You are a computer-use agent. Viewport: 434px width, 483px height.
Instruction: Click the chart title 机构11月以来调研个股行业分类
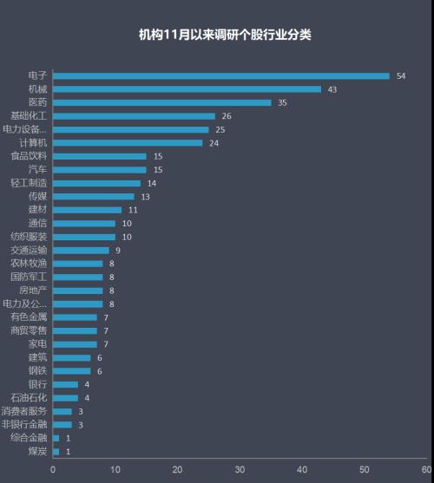point(225,36)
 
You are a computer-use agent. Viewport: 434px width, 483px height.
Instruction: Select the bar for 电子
point(221,75)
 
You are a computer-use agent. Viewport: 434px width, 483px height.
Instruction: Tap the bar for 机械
point(187,89)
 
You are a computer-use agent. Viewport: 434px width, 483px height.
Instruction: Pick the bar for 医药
point(162,102)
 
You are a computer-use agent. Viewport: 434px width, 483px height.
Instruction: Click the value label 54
point(401,76)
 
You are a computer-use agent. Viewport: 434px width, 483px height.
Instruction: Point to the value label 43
point(332,89)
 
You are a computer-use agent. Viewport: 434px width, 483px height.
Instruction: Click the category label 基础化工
point(29,115)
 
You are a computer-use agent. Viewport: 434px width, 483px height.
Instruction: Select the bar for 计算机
point(128,143)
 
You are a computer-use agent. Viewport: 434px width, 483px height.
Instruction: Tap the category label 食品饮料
point(29,156)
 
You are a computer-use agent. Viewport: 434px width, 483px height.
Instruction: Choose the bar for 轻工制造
point(96,183)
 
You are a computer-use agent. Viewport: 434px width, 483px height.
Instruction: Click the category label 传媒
point(37,197)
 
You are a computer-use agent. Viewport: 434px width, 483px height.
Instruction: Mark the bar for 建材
point(88,210)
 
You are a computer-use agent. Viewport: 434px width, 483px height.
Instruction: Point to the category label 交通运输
point(29,250)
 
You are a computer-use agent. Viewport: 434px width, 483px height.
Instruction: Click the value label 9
point(118,251)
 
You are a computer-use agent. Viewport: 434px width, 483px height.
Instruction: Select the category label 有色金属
point(29,317)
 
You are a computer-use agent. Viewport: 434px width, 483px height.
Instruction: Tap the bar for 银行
point(65,384)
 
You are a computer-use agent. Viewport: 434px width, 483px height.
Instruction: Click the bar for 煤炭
point(56,452)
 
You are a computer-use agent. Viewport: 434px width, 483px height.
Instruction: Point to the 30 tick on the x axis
point(240,469)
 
